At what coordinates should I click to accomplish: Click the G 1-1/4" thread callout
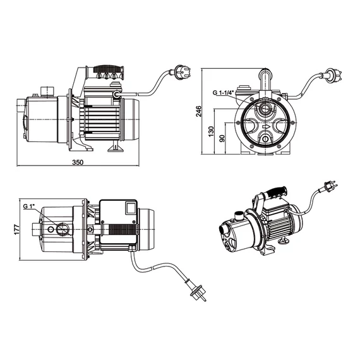click(x=223, y=93)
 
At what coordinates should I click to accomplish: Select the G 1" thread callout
click(x=28, y=207)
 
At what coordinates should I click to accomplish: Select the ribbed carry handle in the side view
click(x=109, y=69)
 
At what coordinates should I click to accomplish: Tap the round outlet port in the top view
click(x=62, y=229)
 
